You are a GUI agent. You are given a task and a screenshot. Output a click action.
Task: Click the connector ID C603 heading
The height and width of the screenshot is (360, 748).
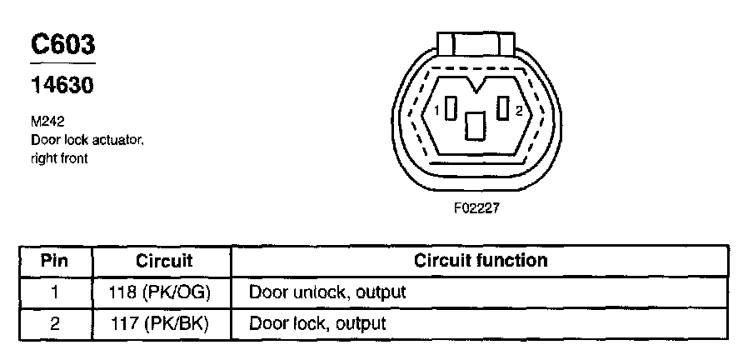point(62,46)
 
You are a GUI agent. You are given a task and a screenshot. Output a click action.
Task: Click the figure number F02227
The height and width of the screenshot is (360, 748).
point(476,208)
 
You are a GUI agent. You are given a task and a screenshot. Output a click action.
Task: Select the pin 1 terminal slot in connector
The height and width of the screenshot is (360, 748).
point(451,110)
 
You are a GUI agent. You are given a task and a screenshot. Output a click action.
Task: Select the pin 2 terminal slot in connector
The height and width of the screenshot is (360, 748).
point(502,109)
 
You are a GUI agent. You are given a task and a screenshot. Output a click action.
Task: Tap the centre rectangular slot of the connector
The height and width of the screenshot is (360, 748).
point(476,126)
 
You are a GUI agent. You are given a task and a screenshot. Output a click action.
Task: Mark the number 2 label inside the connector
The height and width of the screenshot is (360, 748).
point(518,111)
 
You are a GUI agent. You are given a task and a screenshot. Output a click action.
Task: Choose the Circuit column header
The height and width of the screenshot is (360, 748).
point(164,261)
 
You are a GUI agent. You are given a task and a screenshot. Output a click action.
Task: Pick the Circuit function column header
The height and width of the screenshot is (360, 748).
point(481,261)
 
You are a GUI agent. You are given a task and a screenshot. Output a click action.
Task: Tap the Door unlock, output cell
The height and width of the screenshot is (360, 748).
point(327,292)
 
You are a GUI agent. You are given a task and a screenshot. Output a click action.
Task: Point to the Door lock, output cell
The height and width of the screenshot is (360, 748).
point(317,323)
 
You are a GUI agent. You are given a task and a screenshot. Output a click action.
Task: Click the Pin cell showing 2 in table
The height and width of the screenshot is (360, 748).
point(54,323)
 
